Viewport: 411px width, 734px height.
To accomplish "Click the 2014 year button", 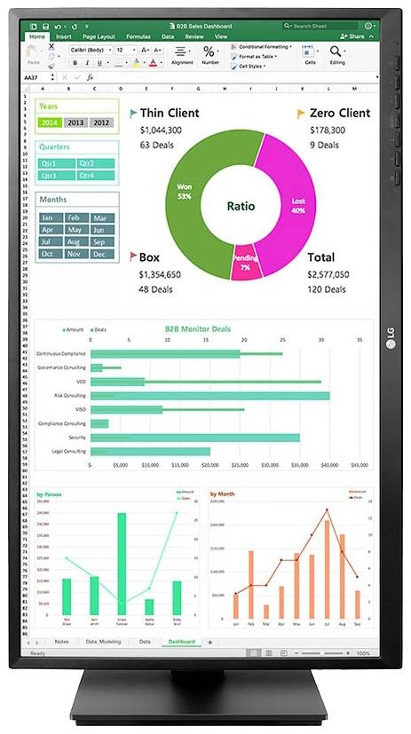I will coord(49,122).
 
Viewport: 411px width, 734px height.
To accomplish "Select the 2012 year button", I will coord(102,122).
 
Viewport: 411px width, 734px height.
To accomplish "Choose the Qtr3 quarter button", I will coord(51,175).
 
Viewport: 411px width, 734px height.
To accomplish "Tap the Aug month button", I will coord(75,241).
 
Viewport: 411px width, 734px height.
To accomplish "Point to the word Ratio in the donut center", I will coord(240,206).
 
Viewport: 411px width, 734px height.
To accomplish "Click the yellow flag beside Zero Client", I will coord(301,114).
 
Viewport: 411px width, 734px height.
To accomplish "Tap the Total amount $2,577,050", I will coord(328,275).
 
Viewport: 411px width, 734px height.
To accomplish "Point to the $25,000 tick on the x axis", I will coord(240,464).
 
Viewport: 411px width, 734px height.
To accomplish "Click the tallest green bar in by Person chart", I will coord(121,564).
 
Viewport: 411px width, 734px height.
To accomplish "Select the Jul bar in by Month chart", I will coord(328,569).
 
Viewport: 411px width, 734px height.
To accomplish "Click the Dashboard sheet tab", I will coord(181,641).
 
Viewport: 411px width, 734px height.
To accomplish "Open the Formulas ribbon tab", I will coord(138,37).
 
